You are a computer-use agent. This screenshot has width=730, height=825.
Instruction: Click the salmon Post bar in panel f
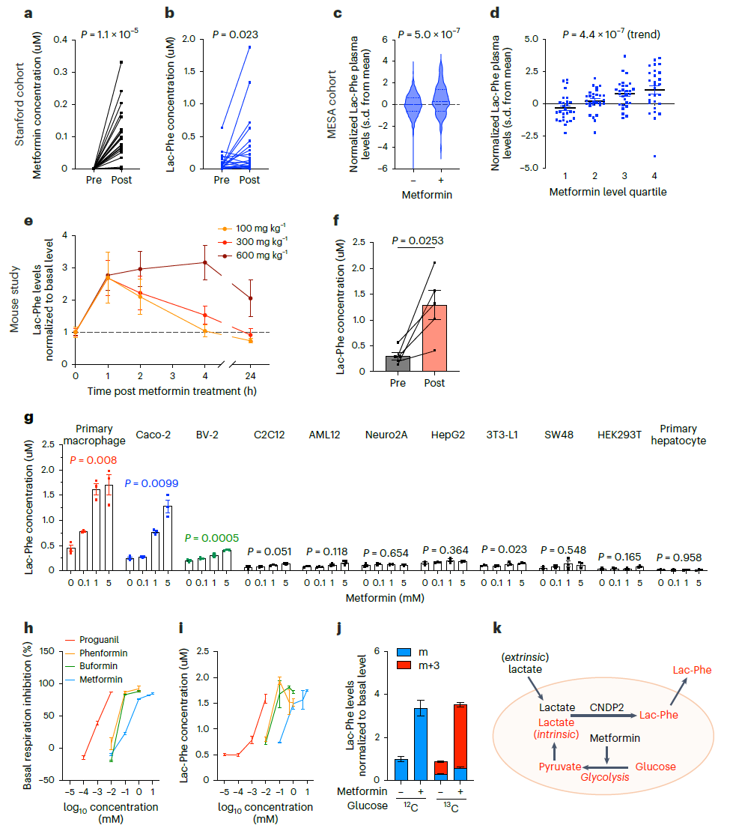(x=434, y=338)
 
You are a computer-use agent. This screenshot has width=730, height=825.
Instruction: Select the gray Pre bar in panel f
(x=398, y=363)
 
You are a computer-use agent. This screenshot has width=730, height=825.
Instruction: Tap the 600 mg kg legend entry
(x=253, y=256)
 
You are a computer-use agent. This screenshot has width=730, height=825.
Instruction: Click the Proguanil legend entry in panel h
(x=92, y=640)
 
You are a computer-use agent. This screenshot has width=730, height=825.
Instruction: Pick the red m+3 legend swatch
(x=404, y=665)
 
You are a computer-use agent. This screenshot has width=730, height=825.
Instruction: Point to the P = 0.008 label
(x=94, y=460)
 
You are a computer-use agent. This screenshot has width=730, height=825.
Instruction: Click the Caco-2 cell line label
(x=153, y=435)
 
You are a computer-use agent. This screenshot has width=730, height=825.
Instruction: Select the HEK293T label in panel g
(x=619, y=435)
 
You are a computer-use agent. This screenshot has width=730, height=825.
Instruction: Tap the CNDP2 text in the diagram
(x=606, y=707)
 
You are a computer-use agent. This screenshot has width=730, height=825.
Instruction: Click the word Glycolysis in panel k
(x=604, y=777)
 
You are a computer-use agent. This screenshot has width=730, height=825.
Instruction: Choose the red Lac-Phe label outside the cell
(x=692, y=670)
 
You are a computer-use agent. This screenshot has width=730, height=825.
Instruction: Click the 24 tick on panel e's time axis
(x=250, y=375)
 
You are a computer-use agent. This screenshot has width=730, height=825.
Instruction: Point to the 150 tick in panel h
(x=47, y=651)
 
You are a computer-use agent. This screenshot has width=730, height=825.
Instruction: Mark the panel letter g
(x=28, y=418)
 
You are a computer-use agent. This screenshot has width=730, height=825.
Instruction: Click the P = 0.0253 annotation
(x=417, y=241)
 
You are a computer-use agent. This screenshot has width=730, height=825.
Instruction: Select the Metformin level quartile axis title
(x=607, y=192)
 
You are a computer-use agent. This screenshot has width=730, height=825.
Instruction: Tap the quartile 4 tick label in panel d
(x=654, y=176)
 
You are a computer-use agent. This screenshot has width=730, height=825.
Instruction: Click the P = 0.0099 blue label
(x=151, y=483)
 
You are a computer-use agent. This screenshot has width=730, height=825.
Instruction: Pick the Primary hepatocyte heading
(x=678, y=435)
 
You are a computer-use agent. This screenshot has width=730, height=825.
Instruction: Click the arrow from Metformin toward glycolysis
(x=607, y=754)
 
